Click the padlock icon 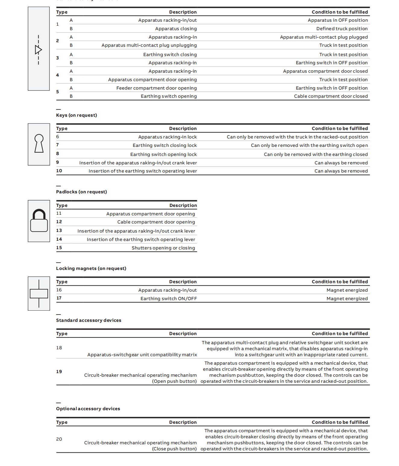coord(39,221)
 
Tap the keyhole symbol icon coord(39,144)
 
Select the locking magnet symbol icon coord(39,293)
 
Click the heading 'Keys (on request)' coord(77,115)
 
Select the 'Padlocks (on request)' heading coord(81,192)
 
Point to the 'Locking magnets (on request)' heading coord(91,268)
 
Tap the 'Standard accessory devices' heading coord(89,320)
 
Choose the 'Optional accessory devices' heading coord(88,409)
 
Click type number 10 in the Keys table coord(59,171)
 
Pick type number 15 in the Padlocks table coord(59,248)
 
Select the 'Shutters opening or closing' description coord(163,248)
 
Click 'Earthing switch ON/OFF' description coord(169,299)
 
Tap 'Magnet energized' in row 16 coord(347,290)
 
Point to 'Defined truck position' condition coord(342,29)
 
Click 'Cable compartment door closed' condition coord(331,96)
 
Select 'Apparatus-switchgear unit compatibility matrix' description coord(142,355)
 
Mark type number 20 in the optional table coord(59,439)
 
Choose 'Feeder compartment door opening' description coord(157,88)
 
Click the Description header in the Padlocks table coord(183,205)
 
